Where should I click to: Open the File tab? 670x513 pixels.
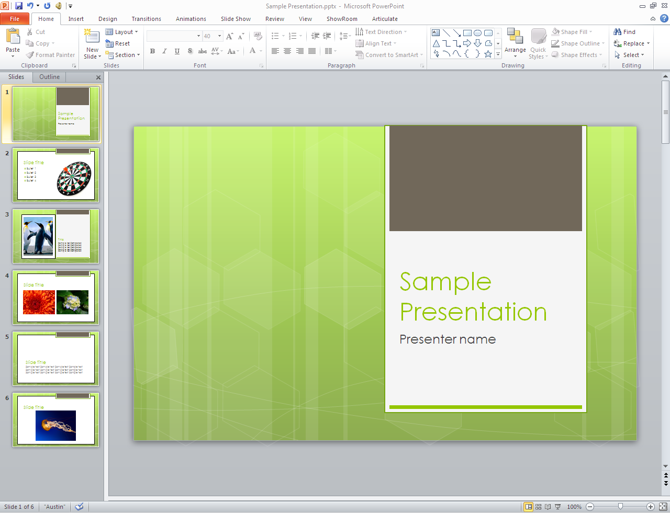pyautogui.click(x=15, y=19)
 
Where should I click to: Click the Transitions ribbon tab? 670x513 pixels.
pyautogui.click(x=146, y=19)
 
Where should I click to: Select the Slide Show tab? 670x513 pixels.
pyautogui.click(x=236, y=19)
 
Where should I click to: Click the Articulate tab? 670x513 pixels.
pyautogui.click(x=385, y=19)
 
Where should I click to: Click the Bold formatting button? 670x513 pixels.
pyautogui.click(x=152, y=51)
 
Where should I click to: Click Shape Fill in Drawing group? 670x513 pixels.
pyautogui.click(x=573, y=32)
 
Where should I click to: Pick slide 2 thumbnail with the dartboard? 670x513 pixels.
pyautogui.click(x=56, y=175)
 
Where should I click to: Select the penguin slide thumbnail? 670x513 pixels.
pyautogui.click(x=56, y=236)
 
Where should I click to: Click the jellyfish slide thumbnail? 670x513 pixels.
pyautogui.click(x=56, y=420)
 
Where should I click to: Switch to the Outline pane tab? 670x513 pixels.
pyautogui.click(x=49, y=77)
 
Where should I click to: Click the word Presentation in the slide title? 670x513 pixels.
pyautogui.click(x=473, y=312)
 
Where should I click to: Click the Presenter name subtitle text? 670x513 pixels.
pyautogui.click(x=448, y=339)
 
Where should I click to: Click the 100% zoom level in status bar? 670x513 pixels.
pyautogui.click(x=574, y=507)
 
